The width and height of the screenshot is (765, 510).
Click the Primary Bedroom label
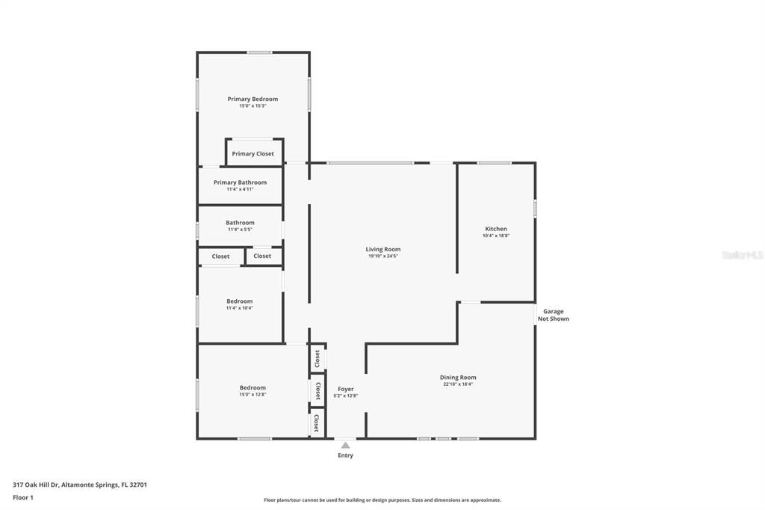(253, 99)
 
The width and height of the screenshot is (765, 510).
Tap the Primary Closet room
(253, 153)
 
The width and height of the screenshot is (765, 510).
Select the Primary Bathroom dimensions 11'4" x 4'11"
(240, 189)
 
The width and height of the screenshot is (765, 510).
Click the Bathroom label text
(240, 222)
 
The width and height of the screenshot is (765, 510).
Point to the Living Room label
(382, 249)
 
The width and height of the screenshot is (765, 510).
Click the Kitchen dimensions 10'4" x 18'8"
(496, 236)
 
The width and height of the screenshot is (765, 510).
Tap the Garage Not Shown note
(553, 315)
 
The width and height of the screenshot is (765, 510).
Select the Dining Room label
(457, 378)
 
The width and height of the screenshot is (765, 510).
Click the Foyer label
(345, 389)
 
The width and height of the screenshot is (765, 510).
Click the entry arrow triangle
(345, 445)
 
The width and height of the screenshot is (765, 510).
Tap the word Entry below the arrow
(345, 455)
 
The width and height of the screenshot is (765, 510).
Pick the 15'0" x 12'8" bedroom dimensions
(253, 394)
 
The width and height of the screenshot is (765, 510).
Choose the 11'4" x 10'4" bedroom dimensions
(240, 307)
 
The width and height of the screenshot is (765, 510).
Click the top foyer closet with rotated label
(318, 358)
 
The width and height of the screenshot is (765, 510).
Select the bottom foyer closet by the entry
(317, 423)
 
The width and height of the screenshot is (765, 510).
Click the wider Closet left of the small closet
(220, 256)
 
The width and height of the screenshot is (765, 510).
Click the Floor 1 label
(23, 497)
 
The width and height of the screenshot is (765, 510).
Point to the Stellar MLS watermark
(742, 255)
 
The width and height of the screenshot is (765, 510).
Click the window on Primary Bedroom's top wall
(259, 52)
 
